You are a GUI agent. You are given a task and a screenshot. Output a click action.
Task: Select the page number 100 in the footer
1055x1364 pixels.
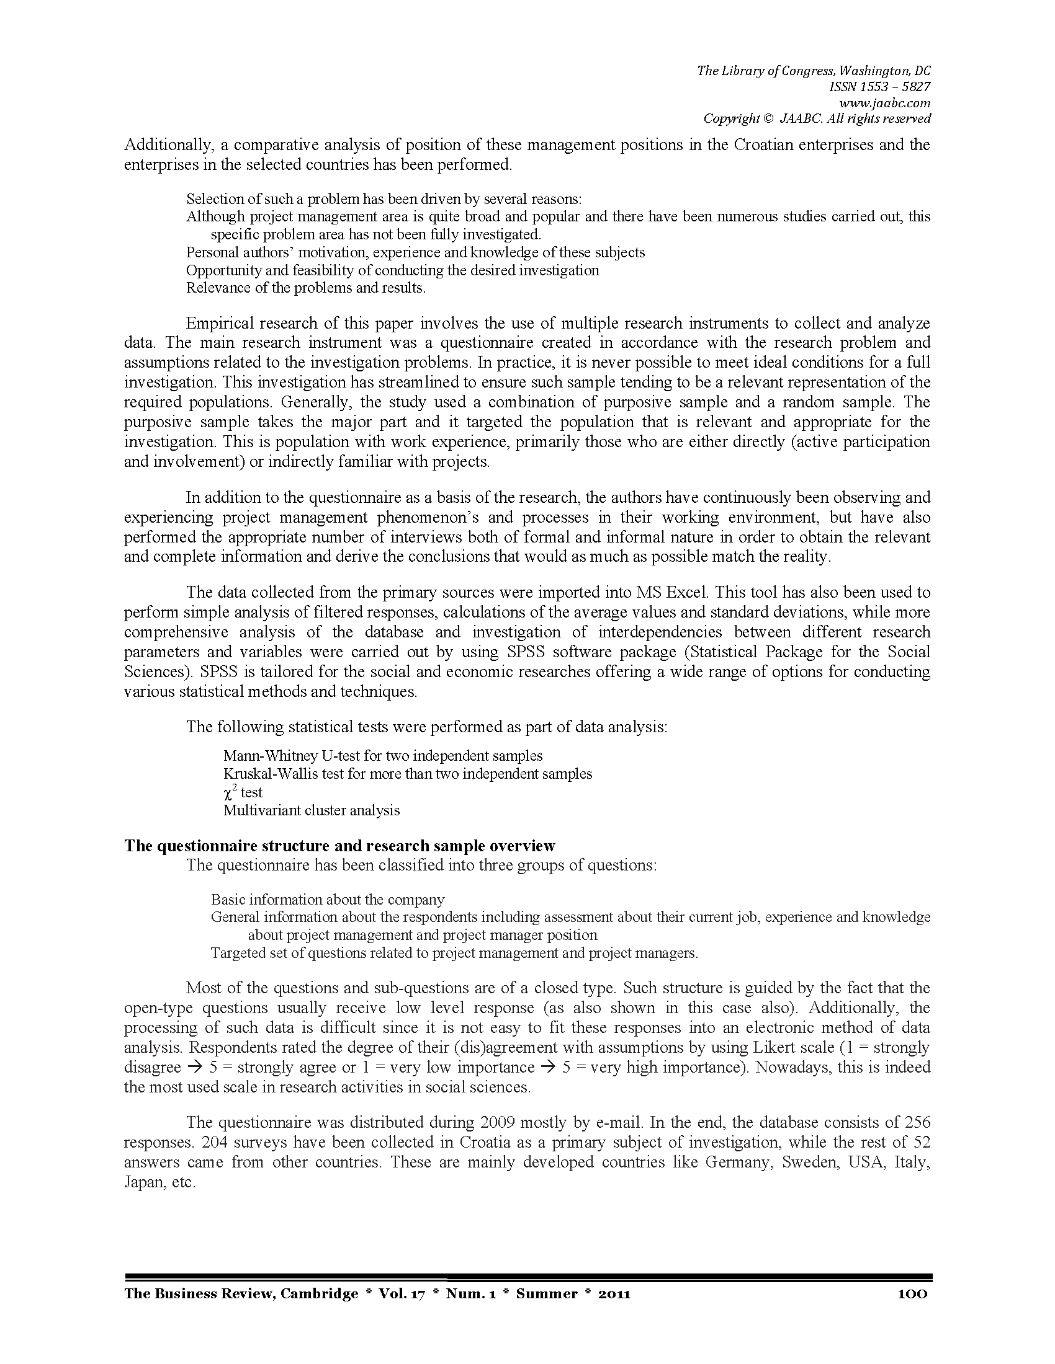[912, 1293]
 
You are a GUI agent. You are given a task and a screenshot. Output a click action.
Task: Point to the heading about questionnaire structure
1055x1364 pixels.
[339, 846]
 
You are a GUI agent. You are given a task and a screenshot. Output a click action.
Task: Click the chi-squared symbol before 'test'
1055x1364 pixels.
[229, 792]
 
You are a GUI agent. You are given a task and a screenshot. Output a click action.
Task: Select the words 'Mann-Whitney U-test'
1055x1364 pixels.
[291, 756]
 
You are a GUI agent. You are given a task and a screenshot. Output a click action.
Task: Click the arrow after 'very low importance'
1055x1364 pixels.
[549, 1068]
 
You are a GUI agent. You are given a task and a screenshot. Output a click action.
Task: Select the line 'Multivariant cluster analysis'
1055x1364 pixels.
[312, 811]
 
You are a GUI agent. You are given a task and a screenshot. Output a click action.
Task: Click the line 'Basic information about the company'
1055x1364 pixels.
[328, 900]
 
